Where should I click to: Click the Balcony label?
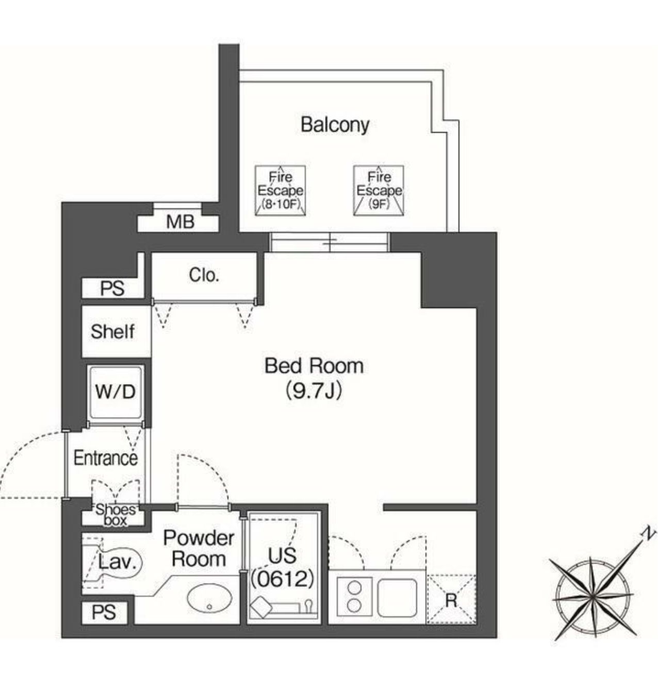[335, 125]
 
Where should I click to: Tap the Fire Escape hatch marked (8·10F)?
[280, 191]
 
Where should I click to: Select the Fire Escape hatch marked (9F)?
[379, 191]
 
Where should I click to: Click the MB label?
[180, 222]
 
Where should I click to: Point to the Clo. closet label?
[204, 275]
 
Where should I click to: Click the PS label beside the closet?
[112, 289]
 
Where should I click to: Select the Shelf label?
[113, 331]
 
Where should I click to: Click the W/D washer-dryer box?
[115, 392]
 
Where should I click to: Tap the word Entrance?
[106, 458]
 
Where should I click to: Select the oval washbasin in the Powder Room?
[209, 598]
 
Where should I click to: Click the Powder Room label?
[199, 548]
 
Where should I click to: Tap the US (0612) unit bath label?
[282, 567]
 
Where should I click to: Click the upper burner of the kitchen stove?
[354, 588]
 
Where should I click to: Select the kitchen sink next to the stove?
[397, 597]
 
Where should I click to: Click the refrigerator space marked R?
[451, 599]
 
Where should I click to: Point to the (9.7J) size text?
[314, 392]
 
